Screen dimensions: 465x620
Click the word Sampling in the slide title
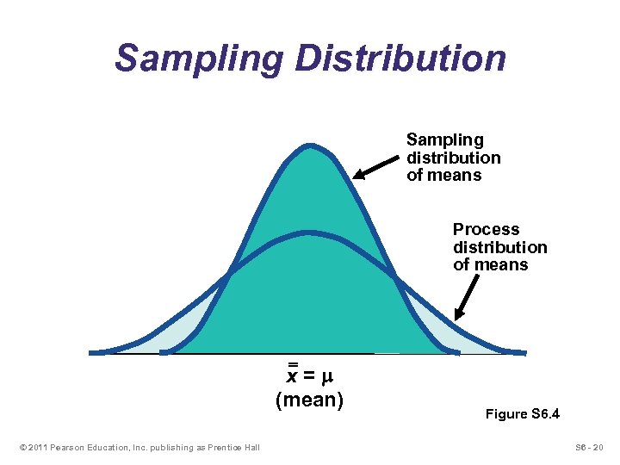(199, 58)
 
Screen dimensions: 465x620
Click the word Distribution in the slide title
(400, 58)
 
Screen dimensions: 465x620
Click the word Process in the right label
(487, 229)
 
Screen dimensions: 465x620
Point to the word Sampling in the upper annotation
(444, 139)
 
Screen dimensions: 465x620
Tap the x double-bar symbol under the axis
(293, 374)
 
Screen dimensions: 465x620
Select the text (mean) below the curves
(309, 400)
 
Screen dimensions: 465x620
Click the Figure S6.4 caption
(523, 414)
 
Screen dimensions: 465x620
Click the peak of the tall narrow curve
(308, 148)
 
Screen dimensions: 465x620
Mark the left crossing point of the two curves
(228, 275)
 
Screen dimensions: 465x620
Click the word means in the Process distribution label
(504, 265)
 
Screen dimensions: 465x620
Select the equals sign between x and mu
(311, 377)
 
